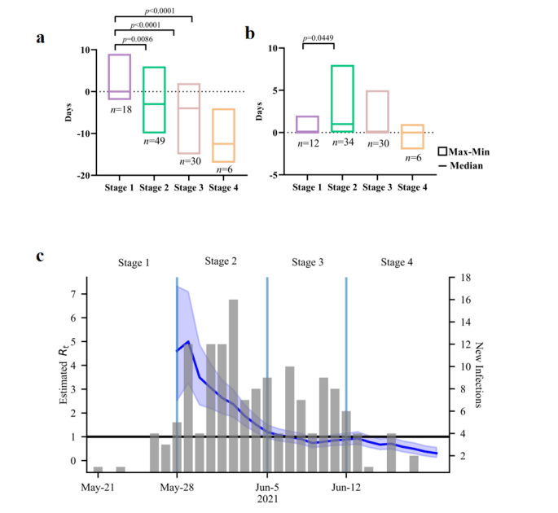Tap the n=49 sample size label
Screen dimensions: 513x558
pos(155,140)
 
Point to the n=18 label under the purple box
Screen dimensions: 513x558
pos(121,108)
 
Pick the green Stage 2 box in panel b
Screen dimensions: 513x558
pos(341,98)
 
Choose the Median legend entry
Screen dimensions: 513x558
pos(464,166)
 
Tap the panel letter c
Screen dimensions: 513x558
pos(40,257)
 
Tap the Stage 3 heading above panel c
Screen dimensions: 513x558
pos(307,262)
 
